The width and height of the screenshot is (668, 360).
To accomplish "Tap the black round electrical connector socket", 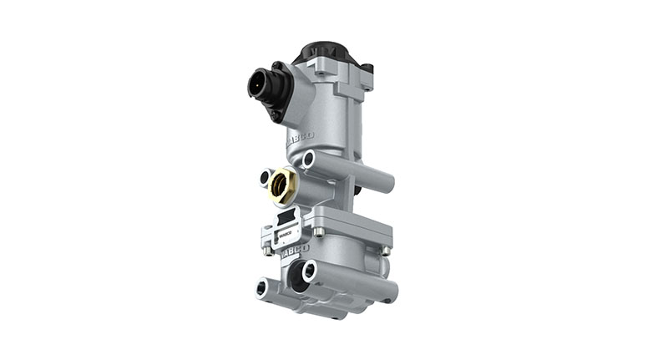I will [x=259, y=84].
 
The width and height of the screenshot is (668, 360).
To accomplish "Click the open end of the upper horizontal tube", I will [x=309, y=159].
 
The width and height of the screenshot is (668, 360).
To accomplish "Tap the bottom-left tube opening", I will [x=261, y=286].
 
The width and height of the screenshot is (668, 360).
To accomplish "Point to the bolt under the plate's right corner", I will [x=385, y=250].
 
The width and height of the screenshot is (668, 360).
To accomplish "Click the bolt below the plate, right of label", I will [x=318, y=231].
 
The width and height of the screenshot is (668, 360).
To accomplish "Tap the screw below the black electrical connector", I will [x=276, y=115].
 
